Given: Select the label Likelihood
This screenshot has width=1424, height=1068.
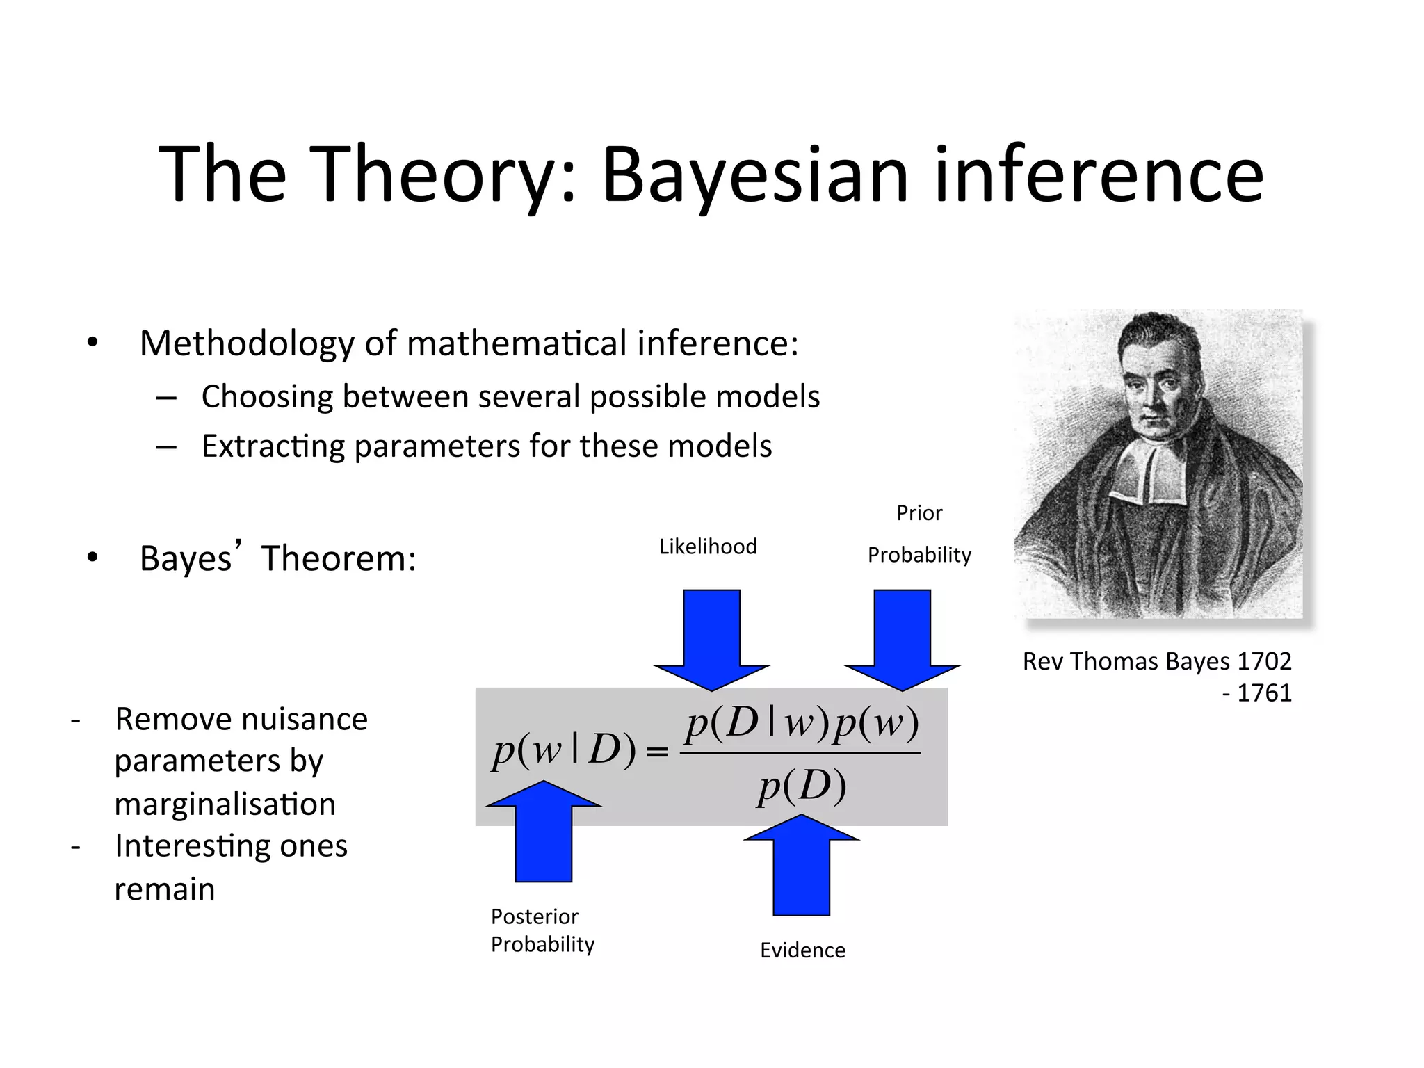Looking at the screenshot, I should point(708,547).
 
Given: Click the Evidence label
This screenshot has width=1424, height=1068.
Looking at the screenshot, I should point(802,950).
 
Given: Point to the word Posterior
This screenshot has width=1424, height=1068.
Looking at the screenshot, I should point(534,916).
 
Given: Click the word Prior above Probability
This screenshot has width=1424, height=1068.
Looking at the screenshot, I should point(919,513).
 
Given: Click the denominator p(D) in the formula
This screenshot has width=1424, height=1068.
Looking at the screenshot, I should point(802,786).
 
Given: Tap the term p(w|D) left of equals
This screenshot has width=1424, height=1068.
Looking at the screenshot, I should point(564,751).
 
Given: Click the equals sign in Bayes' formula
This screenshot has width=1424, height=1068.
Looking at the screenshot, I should point(657,752).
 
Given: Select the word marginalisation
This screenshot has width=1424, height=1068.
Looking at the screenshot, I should point(225,804).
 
